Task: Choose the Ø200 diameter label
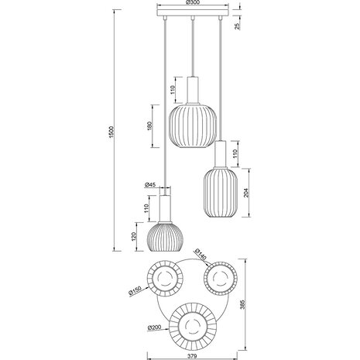click(x=155, y=328)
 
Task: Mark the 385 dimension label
click(x=247, y=307)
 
